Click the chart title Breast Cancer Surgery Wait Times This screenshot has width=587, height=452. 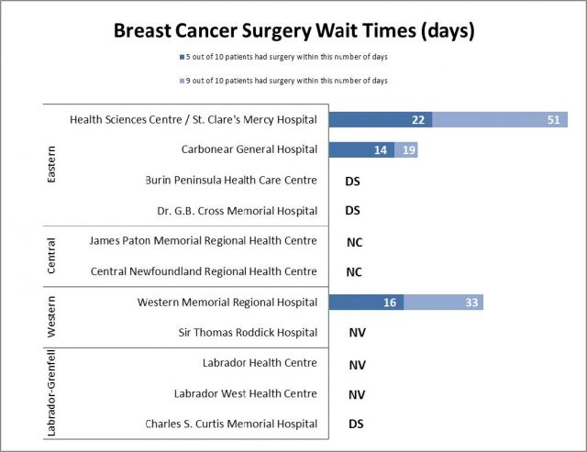(293, 31)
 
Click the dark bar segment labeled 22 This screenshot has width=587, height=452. (381, 120)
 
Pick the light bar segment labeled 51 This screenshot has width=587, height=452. (500, 120)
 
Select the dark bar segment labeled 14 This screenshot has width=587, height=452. (361, 150)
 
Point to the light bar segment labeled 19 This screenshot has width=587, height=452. (406, 150)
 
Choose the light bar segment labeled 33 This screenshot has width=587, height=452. (443, 303)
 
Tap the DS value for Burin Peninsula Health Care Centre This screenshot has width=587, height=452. (352, 182)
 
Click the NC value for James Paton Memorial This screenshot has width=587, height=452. (353, 242)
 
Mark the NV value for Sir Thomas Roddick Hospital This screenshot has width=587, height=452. (358, 334)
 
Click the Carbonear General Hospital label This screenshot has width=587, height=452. (249, 149)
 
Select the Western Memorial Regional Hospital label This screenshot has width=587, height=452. (227, 302)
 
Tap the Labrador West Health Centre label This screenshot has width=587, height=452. (245, 393)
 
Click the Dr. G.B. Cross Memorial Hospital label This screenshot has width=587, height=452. (237, 211)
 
